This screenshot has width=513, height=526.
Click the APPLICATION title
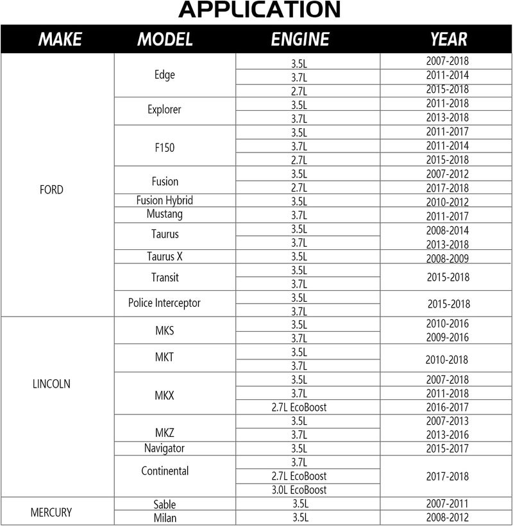259,9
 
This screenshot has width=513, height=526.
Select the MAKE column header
60,39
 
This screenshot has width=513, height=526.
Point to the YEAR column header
448,39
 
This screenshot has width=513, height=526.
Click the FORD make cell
51,190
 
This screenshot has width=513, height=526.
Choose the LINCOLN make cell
51,384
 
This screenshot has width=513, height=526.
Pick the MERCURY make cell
51,513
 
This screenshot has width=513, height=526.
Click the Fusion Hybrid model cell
165,201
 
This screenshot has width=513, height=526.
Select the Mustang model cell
164,214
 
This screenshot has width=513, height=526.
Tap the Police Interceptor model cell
164,303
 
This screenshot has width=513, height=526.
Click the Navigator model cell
164,448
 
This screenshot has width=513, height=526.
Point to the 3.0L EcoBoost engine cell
299,490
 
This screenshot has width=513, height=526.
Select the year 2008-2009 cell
447,259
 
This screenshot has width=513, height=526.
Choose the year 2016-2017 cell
447,407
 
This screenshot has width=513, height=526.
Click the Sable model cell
164,505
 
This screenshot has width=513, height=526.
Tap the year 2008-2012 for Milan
447,518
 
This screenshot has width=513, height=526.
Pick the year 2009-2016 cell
447,338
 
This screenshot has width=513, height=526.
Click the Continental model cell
165,471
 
